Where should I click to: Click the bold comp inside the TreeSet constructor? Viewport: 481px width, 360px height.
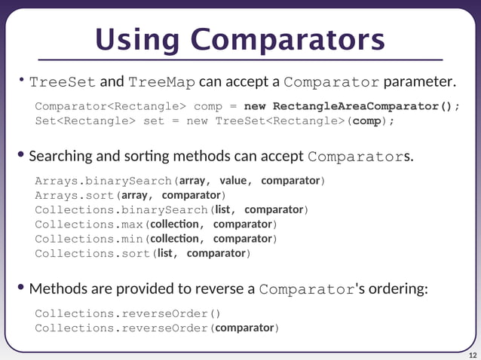pyautogui.click(x=366, y=121)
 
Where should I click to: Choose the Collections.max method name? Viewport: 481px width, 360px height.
pyautogui.click(x=90, y=224)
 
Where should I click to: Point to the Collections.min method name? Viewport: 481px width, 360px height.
pyautogui.click(x=90, y=239)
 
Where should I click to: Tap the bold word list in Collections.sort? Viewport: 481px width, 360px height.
pyautogui.click(x=166, y=253)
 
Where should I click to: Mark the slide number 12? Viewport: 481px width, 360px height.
pyautogui.click(x=473, y=355)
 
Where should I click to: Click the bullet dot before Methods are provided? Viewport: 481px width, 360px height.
pyautogui.click(x=22, y=288)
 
